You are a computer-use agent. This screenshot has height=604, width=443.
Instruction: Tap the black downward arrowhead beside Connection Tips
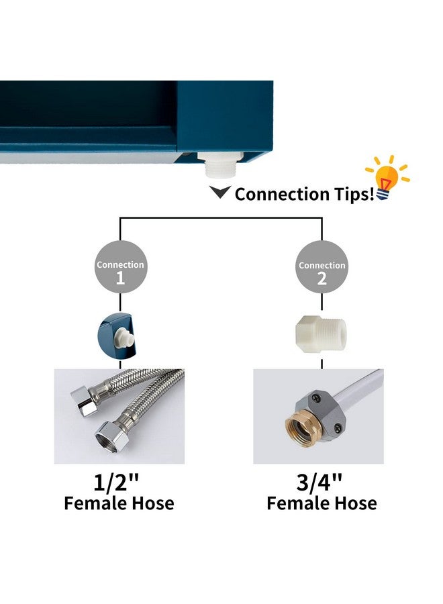click(x=220, y=191)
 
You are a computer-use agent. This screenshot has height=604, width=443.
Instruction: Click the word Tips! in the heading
click(x=354, y=194)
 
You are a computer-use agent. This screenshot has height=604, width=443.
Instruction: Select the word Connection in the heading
click(x=282, y=194)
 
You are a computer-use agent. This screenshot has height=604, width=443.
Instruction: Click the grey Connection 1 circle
click(x=121, y=267)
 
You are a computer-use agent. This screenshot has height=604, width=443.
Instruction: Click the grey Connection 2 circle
click(x=322, y=267)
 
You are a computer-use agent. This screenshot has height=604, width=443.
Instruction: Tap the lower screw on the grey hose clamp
click(x=338, y=426)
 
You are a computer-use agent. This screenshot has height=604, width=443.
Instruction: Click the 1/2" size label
click(x=116, y=482)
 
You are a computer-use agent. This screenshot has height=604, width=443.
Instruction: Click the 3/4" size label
click(x=319, y=482)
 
